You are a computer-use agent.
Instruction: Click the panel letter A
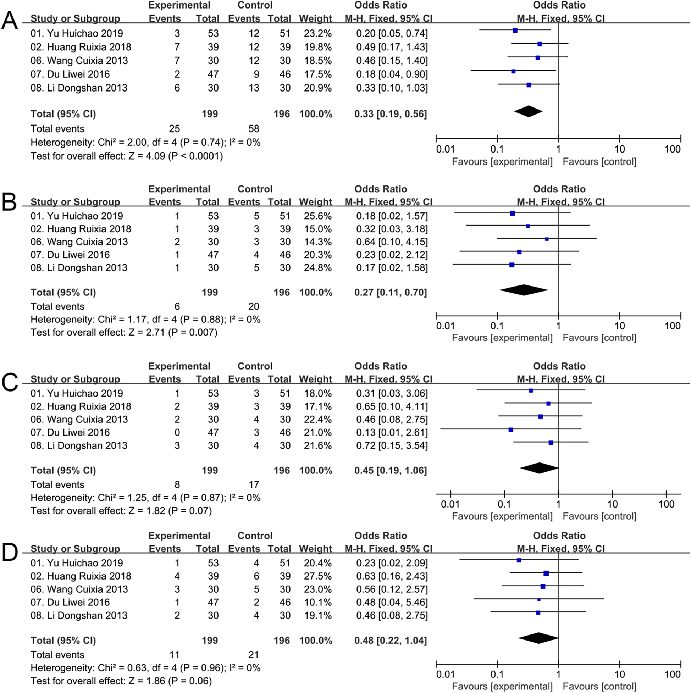point(10,21)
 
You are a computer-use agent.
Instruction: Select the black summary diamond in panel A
point(528,111)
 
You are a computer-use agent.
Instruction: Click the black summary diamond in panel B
point(524,290)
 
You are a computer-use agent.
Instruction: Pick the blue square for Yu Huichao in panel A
point(515,31)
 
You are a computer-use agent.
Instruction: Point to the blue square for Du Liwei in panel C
point(511,429)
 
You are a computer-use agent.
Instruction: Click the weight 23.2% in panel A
point(317,33)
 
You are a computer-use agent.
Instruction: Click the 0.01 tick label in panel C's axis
point(450,504)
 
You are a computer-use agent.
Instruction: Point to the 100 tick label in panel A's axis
point(672,149)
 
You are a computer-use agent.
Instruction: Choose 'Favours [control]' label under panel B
point(599,338)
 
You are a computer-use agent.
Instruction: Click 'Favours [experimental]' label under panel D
point(502,686)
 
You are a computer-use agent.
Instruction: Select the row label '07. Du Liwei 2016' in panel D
point(70,602)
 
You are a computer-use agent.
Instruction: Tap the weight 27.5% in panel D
point(317,576)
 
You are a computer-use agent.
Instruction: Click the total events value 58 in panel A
point(254,128)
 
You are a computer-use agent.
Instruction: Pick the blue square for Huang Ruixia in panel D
point(546,573)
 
